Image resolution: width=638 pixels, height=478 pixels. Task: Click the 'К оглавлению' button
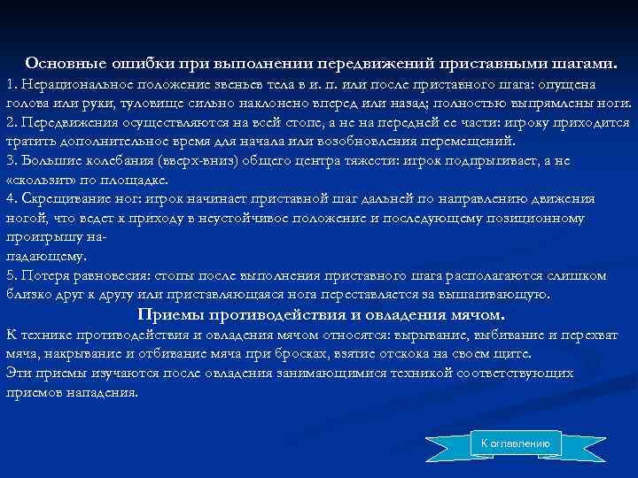515,443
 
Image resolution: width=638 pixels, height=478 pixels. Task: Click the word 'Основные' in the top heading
65,64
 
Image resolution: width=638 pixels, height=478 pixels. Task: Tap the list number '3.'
11,160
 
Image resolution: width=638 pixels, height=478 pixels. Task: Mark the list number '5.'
11,275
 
